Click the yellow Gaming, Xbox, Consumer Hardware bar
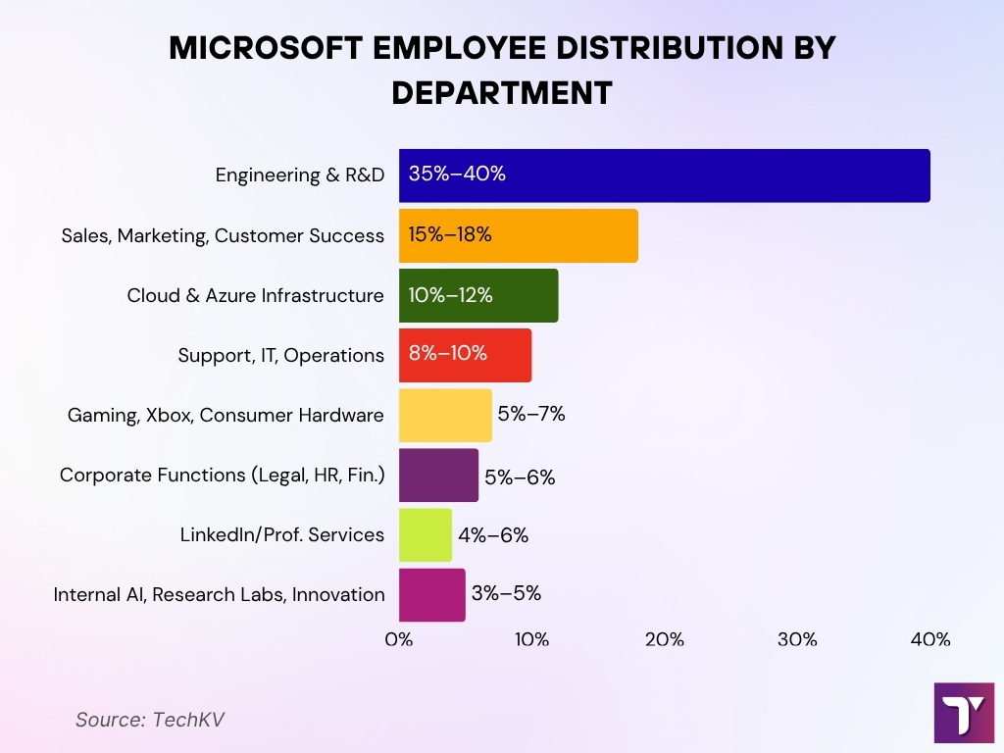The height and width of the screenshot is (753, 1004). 445,415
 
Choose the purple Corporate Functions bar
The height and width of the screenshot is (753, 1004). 438,475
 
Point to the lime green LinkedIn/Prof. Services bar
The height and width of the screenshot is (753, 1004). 426,534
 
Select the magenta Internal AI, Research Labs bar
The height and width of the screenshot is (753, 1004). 431,594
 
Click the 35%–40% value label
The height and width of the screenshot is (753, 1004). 457,176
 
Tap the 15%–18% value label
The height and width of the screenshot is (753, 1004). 450,235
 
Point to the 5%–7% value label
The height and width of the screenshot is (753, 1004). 531,415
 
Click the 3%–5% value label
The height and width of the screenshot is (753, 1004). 505,594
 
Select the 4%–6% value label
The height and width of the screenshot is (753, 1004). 492,535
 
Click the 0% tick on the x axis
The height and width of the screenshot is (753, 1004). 398,640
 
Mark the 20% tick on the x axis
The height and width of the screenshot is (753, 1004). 664,640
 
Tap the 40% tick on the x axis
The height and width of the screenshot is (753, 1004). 929,640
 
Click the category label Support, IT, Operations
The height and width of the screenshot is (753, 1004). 280,355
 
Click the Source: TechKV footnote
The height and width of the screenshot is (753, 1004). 149,719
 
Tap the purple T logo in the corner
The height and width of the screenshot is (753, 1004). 964,713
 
